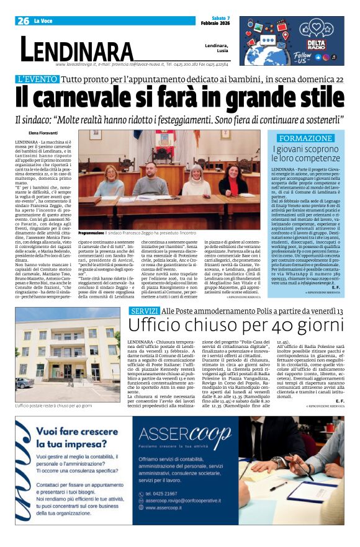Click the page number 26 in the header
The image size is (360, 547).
click(x=24, y=20)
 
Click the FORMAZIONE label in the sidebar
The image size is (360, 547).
click(x=305, y=138)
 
